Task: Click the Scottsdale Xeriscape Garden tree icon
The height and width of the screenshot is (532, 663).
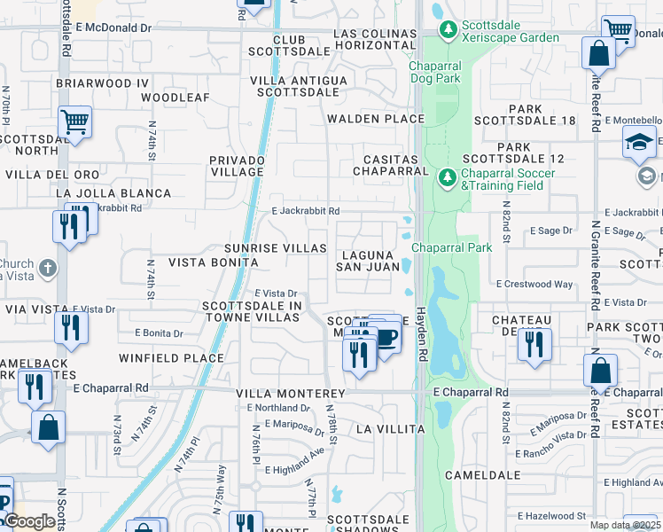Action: [x=448, y=30]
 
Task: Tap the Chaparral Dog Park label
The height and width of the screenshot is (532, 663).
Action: [x=434, y=72]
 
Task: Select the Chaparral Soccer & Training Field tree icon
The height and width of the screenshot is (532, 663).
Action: [x=448, y=179]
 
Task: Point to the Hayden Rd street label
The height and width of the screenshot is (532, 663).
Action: [x=422, y=327]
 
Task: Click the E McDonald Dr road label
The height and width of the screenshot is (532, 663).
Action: [x=113, y=27]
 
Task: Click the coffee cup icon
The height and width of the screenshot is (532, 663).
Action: [x=386, y=338]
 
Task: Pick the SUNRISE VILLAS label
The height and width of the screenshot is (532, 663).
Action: [x=263, y=248]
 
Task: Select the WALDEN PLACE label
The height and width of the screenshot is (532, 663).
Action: [x=375, y=119]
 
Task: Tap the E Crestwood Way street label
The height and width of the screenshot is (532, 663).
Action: [x=534, y=284]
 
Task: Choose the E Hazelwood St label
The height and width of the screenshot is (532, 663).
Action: [x=551, y=515]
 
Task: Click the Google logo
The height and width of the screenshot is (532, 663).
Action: [x=29, y=521]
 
